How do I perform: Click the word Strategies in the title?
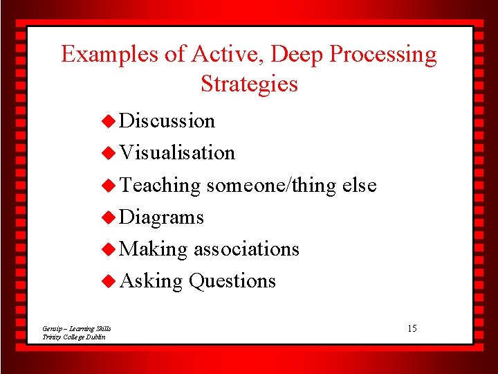point(249,84)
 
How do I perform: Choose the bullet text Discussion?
point(167,121)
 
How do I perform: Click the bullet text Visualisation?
point(177,152)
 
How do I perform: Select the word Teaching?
point(160,186)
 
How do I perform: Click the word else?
point(359,185)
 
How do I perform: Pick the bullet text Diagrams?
point(161,217)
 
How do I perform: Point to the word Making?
point(154,249)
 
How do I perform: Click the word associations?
point(246,249)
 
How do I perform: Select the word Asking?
point(151,281)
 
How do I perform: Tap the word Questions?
point(232,281)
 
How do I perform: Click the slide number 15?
point(412,328)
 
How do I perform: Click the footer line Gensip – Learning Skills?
point(76,328)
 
